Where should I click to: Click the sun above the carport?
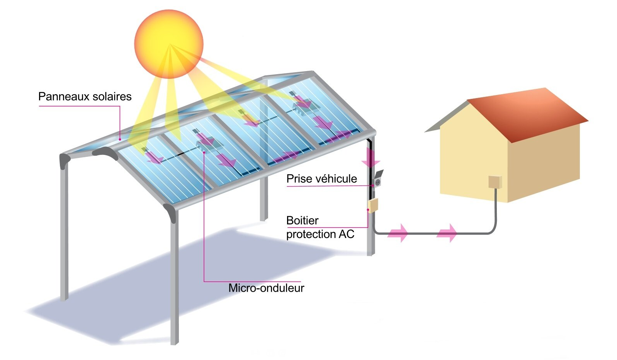point(169,44)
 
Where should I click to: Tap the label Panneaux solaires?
point(85,97)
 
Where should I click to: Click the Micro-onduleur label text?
point(266,288)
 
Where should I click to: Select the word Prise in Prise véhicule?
point(299,179)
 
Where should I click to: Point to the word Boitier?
point(303,221)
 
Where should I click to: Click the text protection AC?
point(320,234)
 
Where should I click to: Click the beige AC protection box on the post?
point(373,205)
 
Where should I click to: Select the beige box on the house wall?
point(495,182)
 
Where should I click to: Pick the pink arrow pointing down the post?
point(371,157)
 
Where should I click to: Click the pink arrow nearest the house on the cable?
point(447,233)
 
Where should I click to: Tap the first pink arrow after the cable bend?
point(398,233)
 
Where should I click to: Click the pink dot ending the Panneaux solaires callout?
point(120,139)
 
